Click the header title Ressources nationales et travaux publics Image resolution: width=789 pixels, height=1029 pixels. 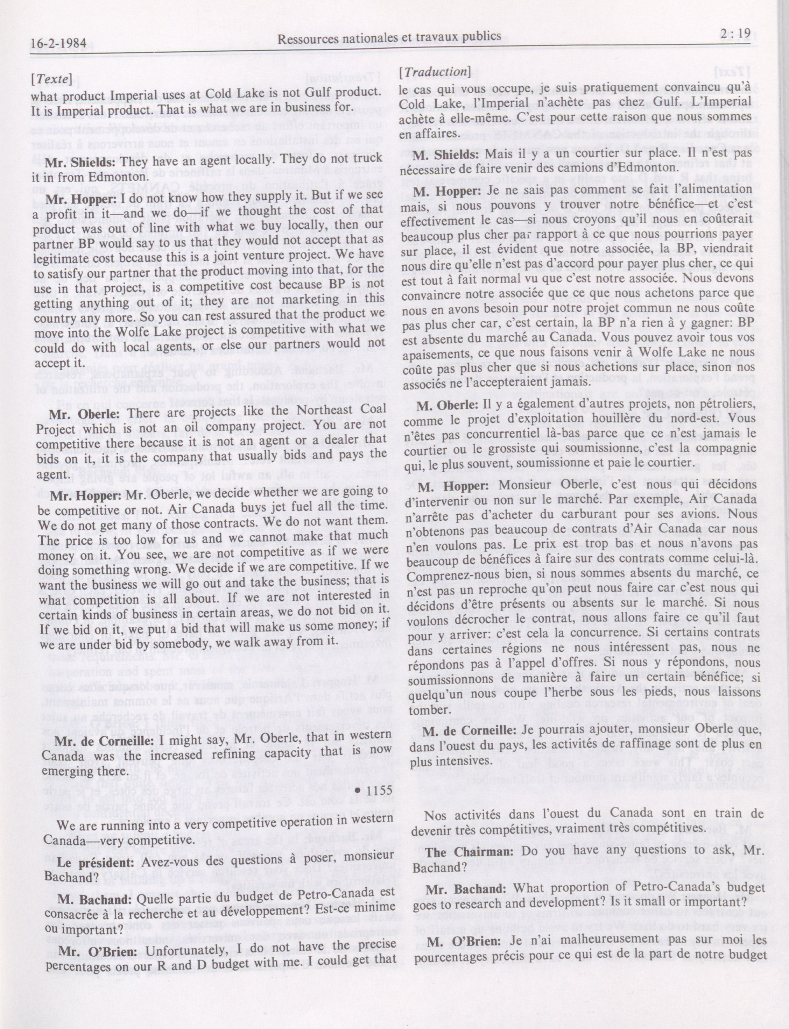(389, 37)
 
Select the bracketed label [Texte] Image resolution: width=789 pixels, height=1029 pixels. (52, 80)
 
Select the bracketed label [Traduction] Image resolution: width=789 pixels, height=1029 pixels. (435, 72)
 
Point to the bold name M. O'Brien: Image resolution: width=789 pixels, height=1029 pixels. (457, 941)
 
